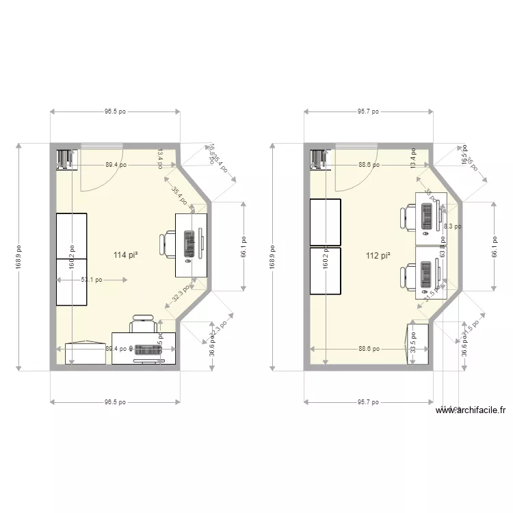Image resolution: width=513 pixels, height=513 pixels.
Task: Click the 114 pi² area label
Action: [x=126, y=255]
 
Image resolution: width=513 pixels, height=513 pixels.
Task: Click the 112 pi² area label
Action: [x=378, y=256]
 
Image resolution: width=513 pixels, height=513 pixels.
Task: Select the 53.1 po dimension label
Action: [x=91, y=279]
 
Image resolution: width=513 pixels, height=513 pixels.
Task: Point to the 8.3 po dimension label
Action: [x=452, y=226]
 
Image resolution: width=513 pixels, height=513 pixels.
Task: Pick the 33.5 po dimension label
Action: [x=415, y=343]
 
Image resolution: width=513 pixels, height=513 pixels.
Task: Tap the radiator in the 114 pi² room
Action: [x=66, y=159]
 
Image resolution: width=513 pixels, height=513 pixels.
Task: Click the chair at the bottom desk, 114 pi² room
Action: [x=143, y=322]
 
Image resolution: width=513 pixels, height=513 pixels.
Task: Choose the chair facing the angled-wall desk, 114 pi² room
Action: [x=168, y=244]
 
